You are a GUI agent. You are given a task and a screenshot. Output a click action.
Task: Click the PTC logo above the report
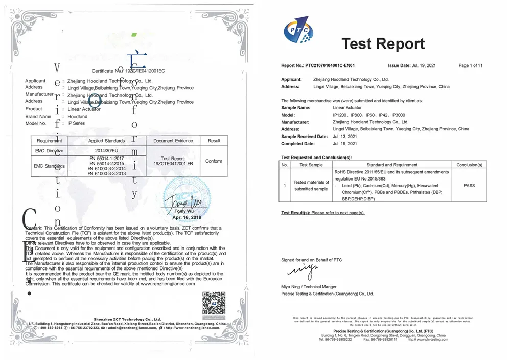[x=298, y=31]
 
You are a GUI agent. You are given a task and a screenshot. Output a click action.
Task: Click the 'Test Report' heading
[x=383, y=43]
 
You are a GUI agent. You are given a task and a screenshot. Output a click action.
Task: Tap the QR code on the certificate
[x=214, y=303]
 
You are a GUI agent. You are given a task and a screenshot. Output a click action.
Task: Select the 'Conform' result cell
[x=214, y=161]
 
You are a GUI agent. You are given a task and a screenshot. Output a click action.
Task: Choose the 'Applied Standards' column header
[x=106, y=141]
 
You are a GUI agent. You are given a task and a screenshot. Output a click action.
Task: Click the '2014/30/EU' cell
[x=106, y=151]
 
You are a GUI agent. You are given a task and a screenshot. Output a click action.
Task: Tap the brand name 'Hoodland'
[x=78, y=117]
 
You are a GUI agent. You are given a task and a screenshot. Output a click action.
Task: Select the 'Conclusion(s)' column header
[x=469, y=165]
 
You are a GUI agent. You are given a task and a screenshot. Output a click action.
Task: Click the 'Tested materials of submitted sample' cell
[x=311, y=185]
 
